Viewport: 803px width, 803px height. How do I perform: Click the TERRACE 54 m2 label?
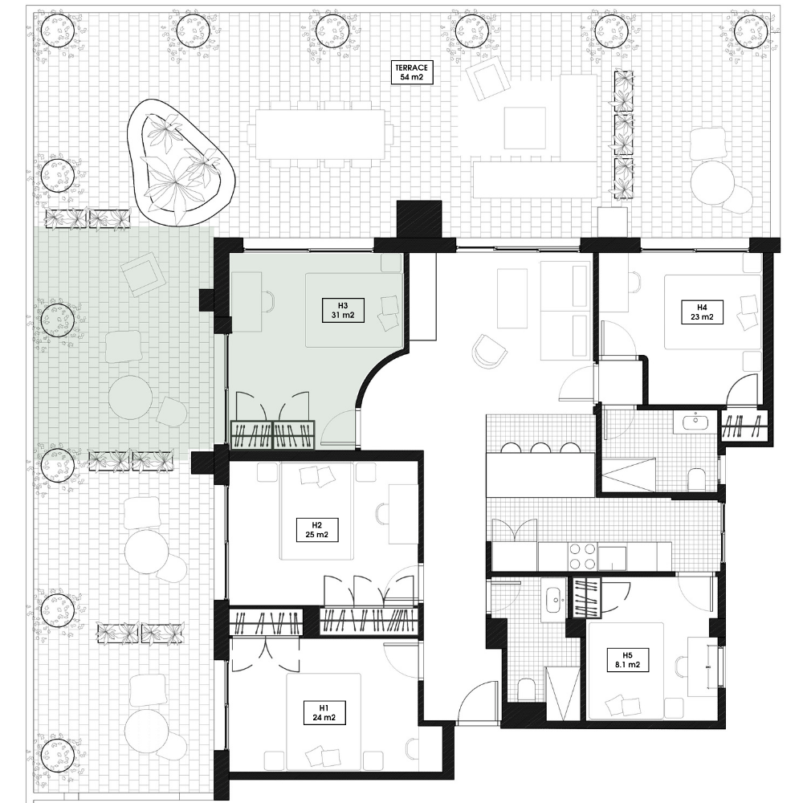pyautogui.click(x=413, y=73)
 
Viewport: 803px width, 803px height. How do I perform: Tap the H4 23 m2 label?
pyautogui.click(x=701, y=312)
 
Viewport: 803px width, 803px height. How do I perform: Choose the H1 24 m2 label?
pyautogui.click(x=324, y=712)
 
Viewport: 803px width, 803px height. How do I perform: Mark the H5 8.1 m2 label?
pyautogui.click(x=627, y=659)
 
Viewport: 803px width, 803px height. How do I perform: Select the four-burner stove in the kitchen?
pyautogui.click(x=581, y=556)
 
